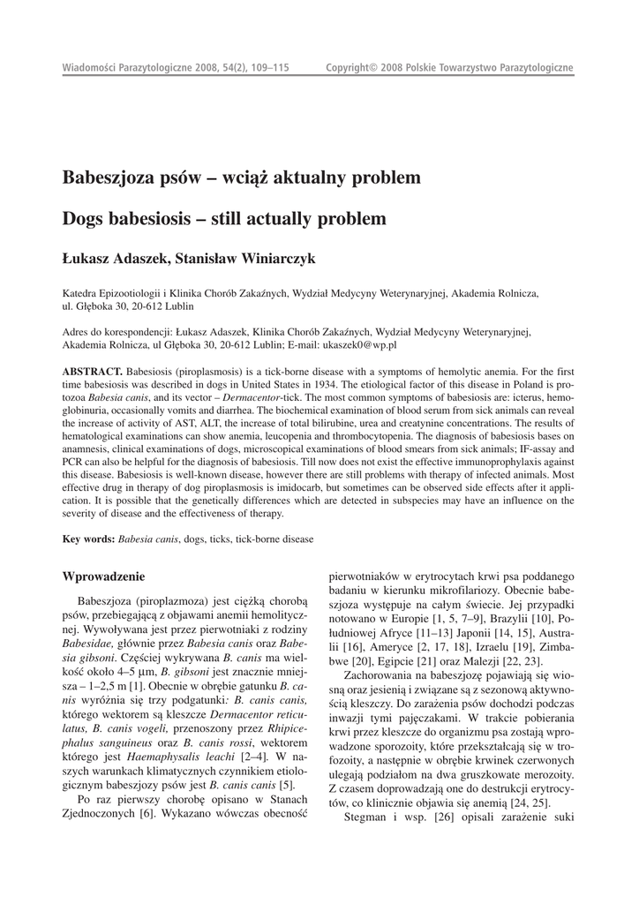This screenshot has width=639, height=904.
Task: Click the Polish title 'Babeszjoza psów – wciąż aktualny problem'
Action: point(241,179)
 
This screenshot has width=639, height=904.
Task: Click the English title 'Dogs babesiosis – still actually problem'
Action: point(224,217)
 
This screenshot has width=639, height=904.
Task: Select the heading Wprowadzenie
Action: point(103,576)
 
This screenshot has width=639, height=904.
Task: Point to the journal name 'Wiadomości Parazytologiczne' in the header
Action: point(121,68)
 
